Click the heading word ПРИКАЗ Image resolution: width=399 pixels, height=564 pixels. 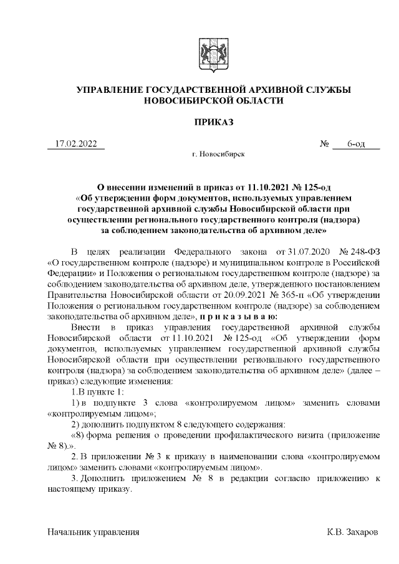pyautogui.click(x=213, y=122)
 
